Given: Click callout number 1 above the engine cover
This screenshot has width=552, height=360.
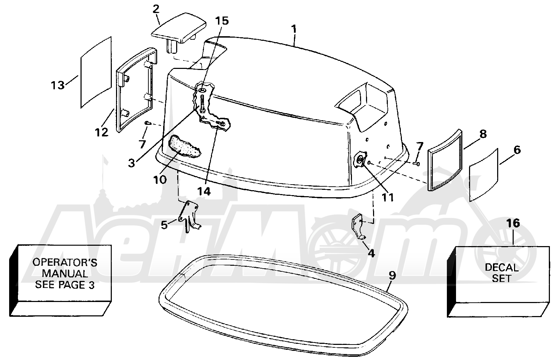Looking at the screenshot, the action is click(x=294, y=30).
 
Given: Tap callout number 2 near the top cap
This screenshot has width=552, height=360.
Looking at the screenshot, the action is click(x=156, y=9).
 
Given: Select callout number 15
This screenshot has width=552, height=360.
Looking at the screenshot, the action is click(x=222, y=21).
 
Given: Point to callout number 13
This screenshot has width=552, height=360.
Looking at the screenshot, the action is click(x=58, y=85).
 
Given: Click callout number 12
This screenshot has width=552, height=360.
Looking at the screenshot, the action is click(x=102, y=132).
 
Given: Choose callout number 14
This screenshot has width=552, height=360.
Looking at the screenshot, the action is click(x=204, y=191).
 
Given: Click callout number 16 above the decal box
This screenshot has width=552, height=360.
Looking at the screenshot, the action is click(x=513, y=223).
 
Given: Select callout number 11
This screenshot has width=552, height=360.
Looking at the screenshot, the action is click(x=387, y=197).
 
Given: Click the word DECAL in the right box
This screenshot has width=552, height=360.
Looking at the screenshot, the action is click(x=501, y=268).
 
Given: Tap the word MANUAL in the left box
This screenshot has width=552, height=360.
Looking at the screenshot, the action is click(x=65, y=274).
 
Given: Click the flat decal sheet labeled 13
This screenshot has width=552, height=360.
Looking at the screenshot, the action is click(x=96, y=72).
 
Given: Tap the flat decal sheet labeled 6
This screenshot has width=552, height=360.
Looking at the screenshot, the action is click(x=483, y=175).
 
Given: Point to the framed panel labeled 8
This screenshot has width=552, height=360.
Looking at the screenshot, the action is click(x=444, y=160).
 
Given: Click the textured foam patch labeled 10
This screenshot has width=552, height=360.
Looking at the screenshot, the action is click(x=184, y=147).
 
